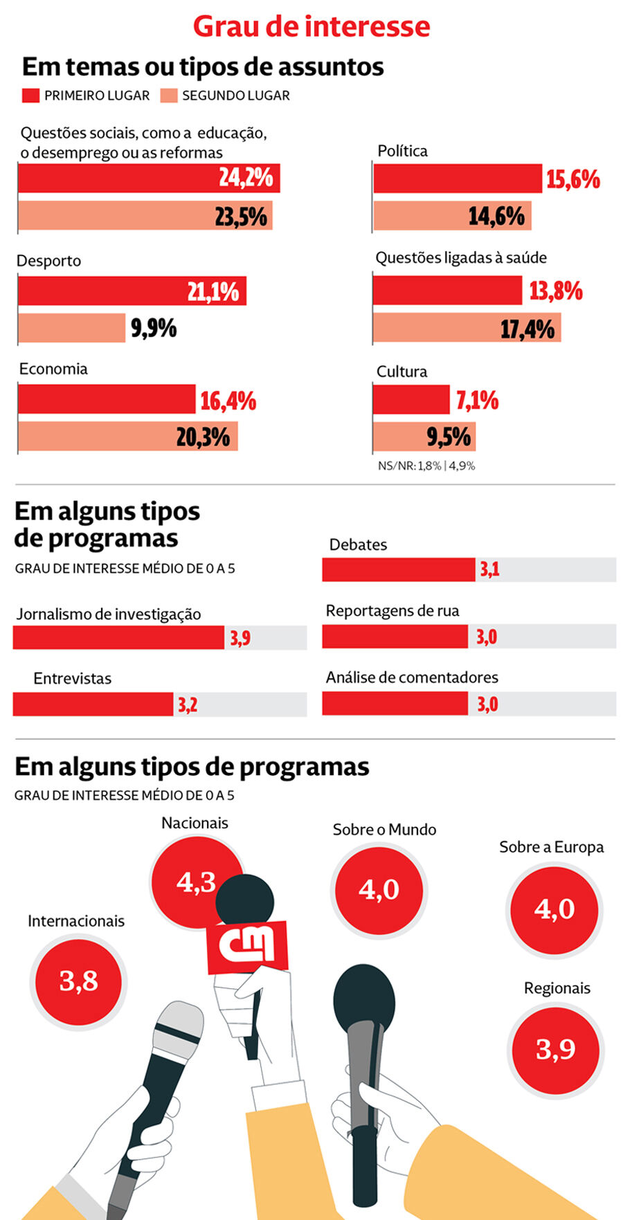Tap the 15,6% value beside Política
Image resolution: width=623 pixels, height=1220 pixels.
coord(572,179)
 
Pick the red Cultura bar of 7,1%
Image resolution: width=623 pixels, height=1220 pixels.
coord(411,399)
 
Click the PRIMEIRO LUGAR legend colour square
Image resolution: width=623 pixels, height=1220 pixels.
coord(30,95)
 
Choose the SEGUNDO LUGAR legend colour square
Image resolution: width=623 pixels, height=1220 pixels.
coord(169,95)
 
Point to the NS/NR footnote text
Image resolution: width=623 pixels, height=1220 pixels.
coord(426,466)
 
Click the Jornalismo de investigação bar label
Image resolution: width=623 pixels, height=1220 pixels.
coord(109,614)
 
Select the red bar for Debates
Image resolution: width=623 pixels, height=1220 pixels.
coord(399,570)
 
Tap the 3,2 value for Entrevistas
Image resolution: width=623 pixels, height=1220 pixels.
coord(188,705)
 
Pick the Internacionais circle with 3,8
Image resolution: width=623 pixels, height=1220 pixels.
coord(78,981)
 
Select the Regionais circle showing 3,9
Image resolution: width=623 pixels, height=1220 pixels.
coord(555,1049)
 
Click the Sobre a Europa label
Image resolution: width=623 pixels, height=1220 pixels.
coord(551,847)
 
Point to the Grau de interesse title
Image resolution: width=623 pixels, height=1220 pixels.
coord(311,26)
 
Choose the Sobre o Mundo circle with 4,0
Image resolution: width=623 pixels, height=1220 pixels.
coord(379,889)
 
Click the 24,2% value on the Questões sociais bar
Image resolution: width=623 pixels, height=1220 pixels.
coord(246,178)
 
